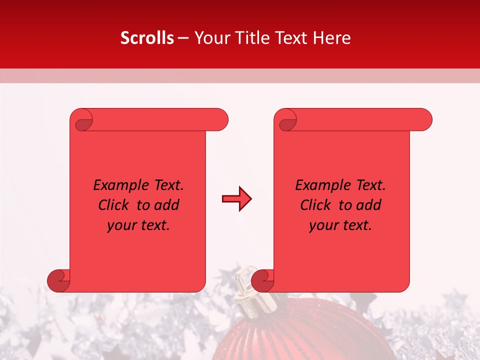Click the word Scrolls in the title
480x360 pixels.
click(x=147, y=38)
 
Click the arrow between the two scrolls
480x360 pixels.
click(x=236, y=199)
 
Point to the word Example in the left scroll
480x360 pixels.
click(x=118, y=185)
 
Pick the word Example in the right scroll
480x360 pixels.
click(x=320, y=185)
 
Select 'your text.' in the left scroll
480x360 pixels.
click(x=138, y=225)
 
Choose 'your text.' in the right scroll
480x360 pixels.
click(x=340, y=225)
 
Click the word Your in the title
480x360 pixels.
click(x=210, y=38)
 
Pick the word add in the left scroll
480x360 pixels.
click(x=167, y=205)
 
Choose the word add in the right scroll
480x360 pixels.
click(x=369, y=205)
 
